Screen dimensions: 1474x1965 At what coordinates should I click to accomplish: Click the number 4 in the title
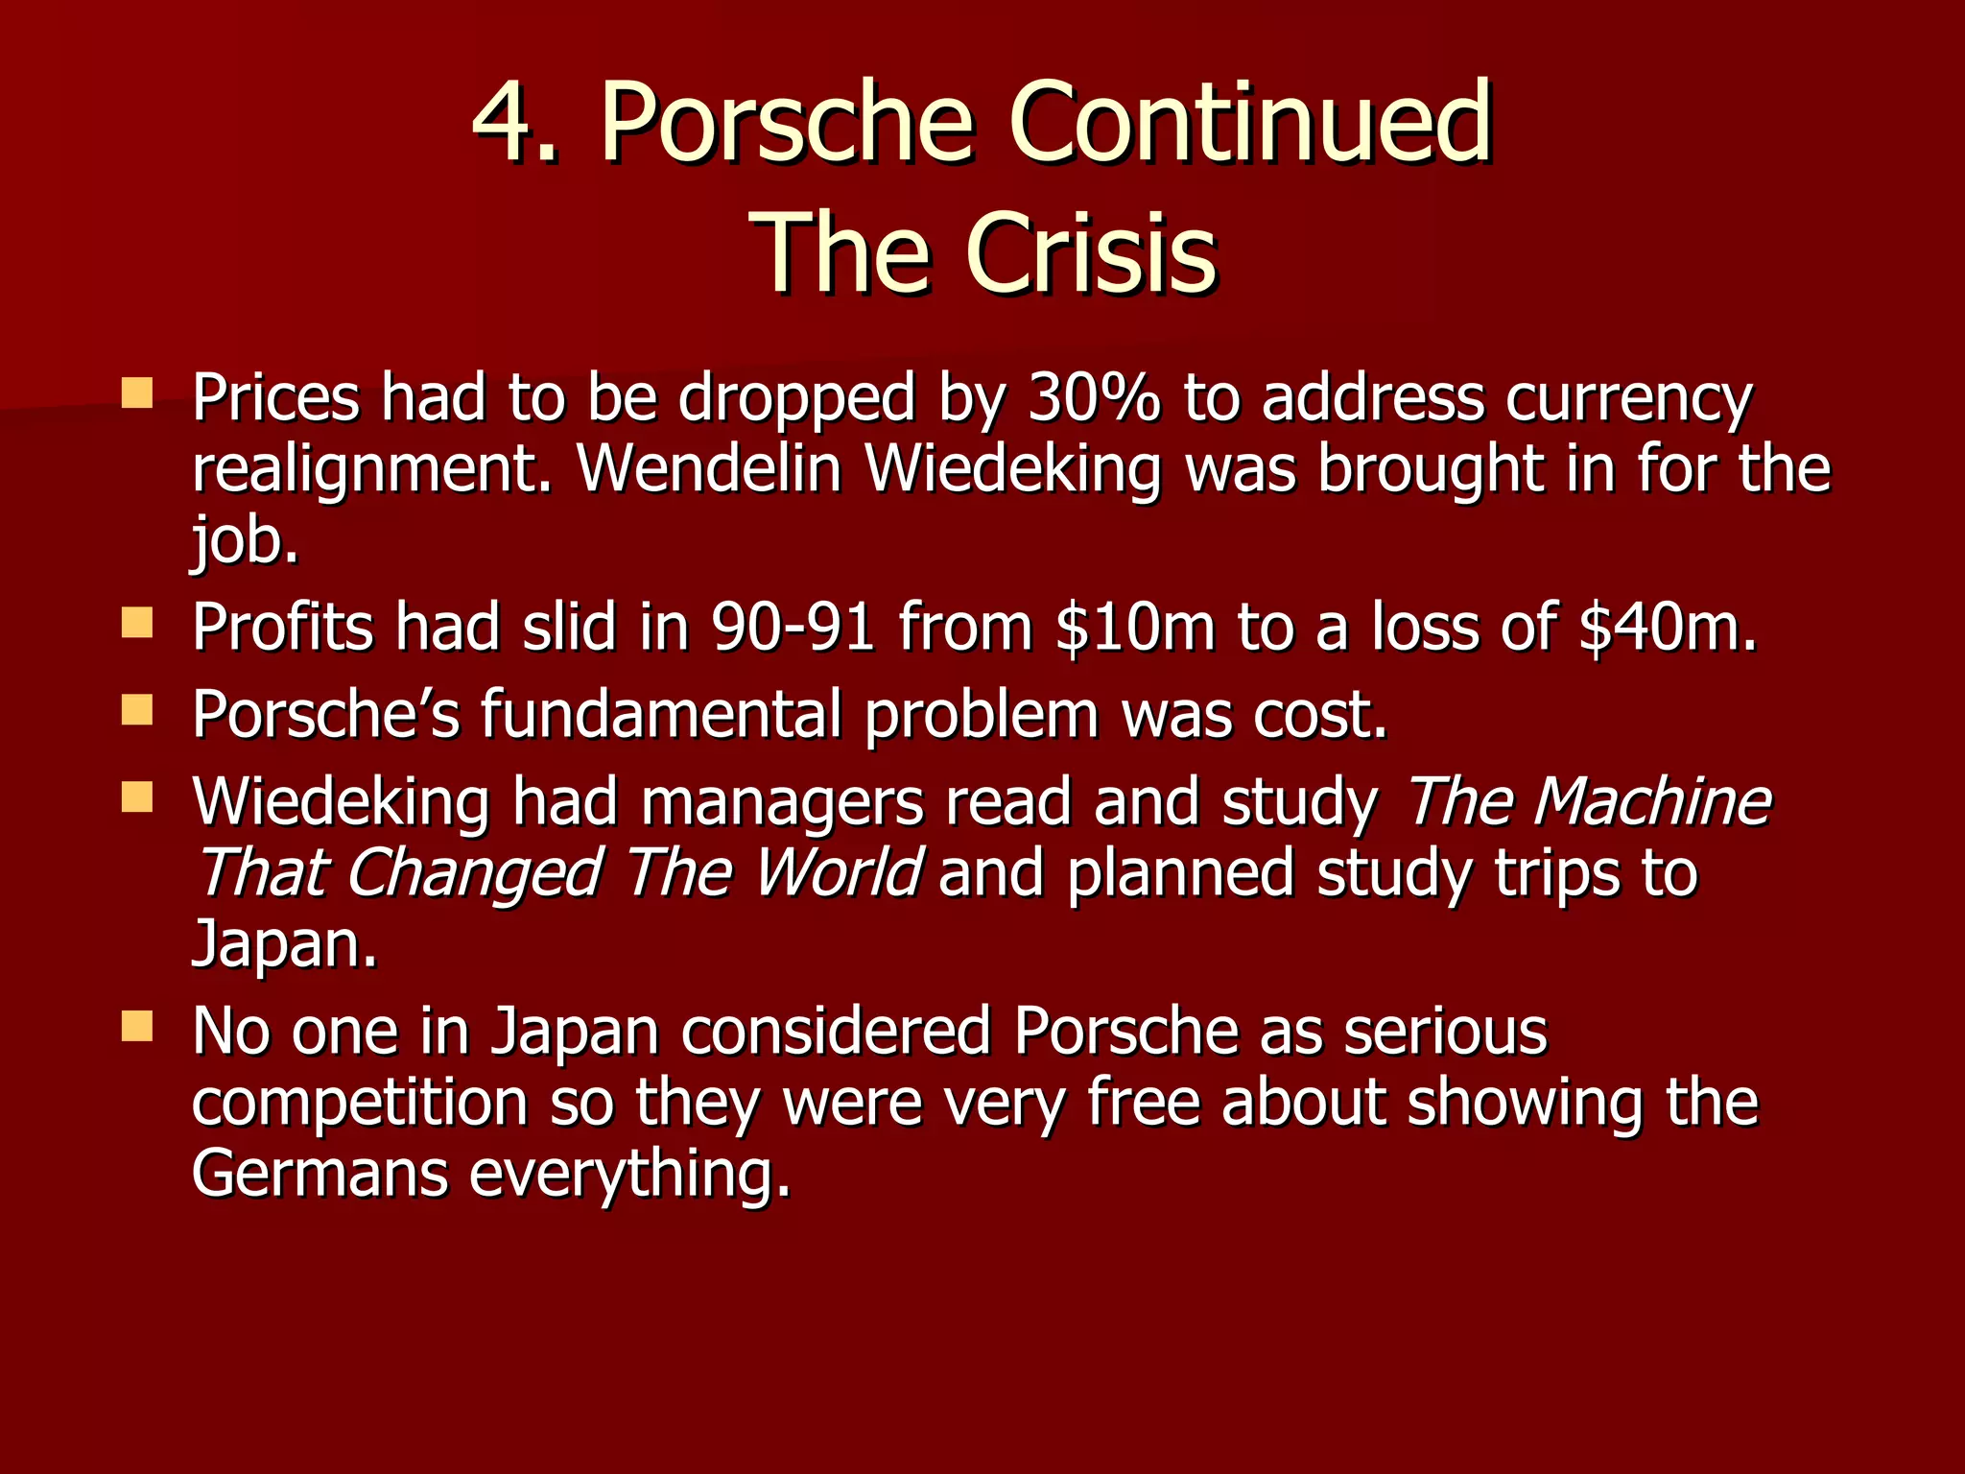tap(504, 123)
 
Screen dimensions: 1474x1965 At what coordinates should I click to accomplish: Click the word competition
tap(360, 1104)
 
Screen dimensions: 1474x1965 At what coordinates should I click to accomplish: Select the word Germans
tap(320, 1174)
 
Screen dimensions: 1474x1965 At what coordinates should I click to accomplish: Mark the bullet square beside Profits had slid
tap(138, 625)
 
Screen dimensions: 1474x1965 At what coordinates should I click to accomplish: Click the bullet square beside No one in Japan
tap(138, 1028)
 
